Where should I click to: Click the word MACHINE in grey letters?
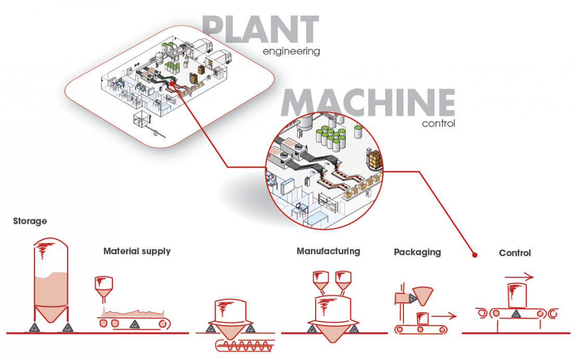[x=368, y=103]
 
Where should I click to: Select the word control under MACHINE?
[x=438, y=124]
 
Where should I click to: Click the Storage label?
[x=30, y=221]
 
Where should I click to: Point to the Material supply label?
[x=137, y=251]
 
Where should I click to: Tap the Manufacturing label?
[x=328, y=251]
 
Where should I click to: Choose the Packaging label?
[x=417, y=252]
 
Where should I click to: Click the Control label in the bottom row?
[x=514, y=253]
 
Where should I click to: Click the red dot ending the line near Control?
[x=474, y=255]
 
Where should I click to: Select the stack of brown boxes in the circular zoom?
[x=375, y=157]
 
